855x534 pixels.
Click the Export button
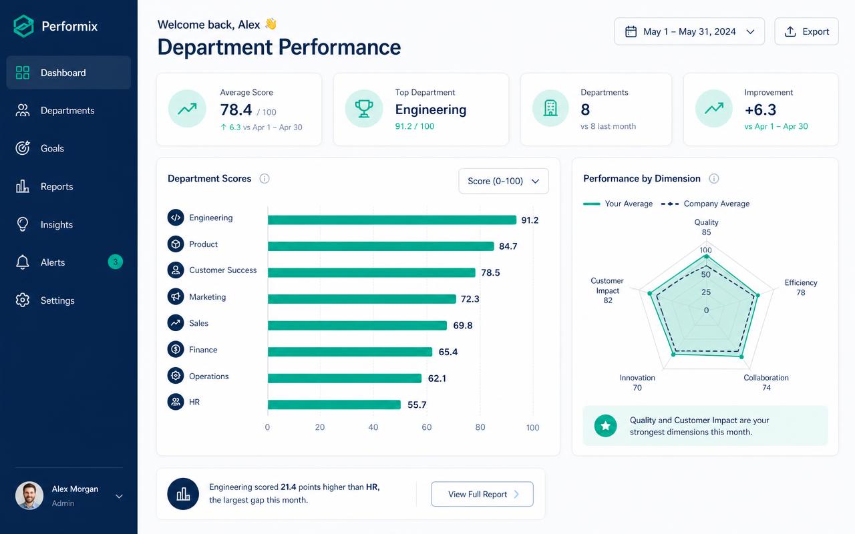pos(806,31)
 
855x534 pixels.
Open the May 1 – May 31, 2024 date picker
pos(689,31)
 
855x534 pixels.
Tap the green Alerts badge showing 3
pos(116,262)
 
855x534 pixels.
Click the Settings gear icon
pos(23,300)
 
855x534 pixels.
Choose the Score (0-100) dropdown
pos(504,181)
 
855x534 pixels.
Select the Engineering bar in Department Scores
pos(392,220)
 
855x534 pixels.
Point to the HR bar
pos(335,405)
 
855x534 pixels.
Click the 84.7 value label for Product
pos(508,246)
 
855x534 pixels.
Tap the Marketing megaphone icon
pos(176,296)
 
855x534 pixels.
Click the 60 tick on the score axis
pos(427,427)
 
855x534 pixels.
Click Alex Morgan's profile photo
pos(29,495)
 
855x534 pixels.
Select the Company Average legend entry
pos(705,204)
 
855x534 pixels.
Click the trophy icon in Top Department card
pos(364,109)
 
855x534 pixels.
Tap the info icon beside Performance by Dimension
pos(714,178)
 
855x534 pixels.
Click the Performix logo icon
pos(23,26)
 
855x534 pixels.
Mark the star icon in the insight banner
pos(605,426)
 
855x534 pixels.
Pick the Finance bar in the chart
pos(350,352)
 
